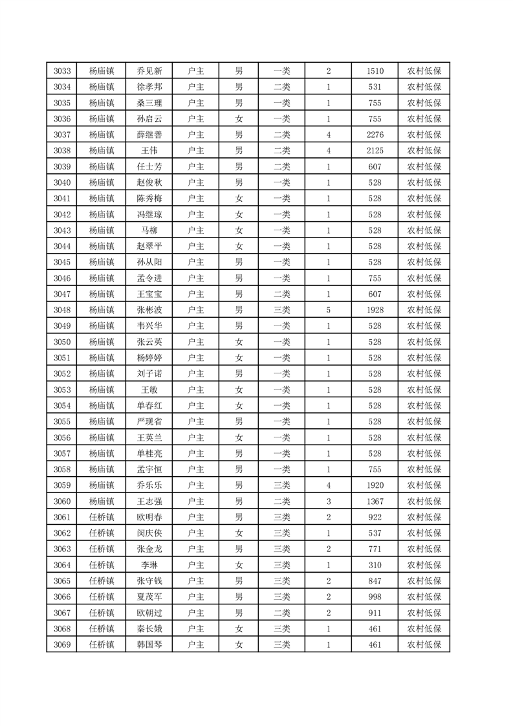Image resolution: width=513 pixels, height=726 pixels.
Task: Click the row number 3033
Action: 62,71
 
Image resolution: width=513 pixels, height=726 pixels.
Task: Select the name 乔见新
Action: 149,71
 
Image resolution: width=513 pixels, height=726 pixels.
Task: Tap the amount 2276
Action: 375,135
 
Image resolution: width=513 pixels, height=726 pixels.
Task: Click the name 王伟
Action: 149,151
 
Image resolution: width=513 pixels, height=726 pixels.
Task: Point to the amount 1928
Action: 375,310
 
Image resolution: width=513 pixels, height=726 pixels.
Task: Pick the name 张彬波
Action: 149,310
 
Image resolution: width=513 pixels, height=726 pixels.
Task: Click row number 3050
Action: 62,342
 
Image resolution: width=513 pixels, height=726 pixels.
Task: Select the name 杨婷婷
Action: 149,358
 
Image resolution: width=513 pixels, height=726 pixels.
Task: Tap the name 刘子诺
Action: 149,373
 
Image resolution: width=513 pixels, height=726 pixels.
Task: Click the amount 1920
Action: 375,485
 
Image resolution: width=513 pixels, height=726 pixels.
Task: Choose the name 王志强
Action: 149,501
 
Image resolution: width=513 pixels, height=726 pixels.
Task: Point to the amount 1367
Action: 375,501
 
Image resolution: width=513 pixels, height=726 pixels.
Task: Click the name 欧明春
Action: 149,517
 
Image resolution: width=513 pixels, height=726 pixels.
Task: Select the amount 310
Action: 375,565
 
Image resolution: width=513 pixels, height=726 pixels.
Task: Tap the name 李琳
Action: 149,565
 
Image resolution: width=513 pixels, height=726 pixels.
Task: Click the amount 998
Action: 375,597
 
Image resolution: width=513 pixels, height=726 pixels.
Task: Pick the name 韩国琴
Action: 149,644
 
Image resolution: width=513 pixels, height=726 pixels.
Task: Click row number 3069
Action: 62,644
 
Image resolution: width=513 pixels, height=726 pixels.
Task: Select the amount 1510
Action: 375,71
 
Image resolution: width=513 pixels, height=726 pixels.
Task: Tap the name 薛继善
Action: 149,135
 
